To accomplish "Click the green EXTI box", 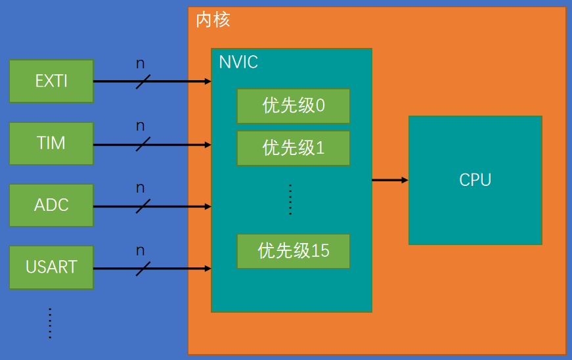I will click(51, 81).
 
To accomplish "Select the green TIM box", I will click(51, 143).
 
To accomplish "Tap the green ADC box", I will click(51, 206).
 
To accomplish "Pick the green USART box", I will click(51, 267).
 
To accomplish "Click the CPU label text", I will click(475, 180).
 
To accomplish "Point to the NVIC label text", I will click(238, 62).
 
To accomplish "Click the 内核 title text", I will click(213, 20).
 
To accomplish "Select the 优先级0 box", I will click(293, 106).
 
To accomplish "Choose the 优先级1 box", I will click(293, 148).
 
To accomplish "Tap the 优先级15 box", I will click(293, 251).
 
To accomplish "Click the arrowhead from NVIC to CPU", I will click(404, 179).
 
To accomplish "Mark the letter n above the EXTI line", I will click(140, 64).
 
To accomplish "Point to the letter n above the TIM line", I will click(140, 125).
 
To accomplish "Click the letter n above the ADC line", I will click(140, 188).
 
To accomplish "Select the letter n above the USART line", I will click(140, 250).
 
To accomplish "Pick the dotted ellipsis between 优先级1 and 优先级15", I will click(290, 200).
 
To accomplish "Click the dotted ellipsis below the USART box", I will click(50, 323).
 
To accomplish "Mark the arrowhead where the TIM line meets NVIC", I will click(208, 144).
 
